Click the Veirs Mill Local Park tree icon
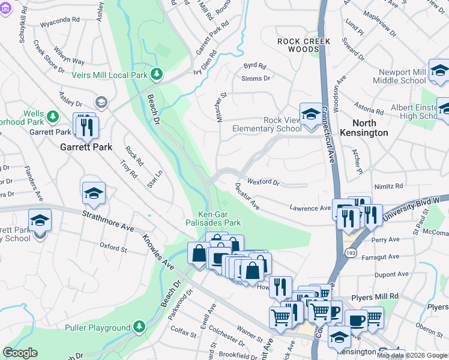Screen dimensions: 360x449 coord(157,74)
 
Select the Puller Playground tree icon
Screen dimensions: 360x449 coord(139,327)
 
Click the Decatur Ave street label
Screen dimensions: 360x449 coord(247,197)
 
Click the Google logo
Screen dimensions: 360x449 coord(20,353)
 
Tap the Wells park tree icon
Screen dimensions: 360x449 coord(53,115)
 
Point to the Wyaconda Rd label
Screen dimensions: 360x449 coord(59,19)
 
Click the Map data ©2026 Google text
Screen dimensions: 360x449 coord(412,355)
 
